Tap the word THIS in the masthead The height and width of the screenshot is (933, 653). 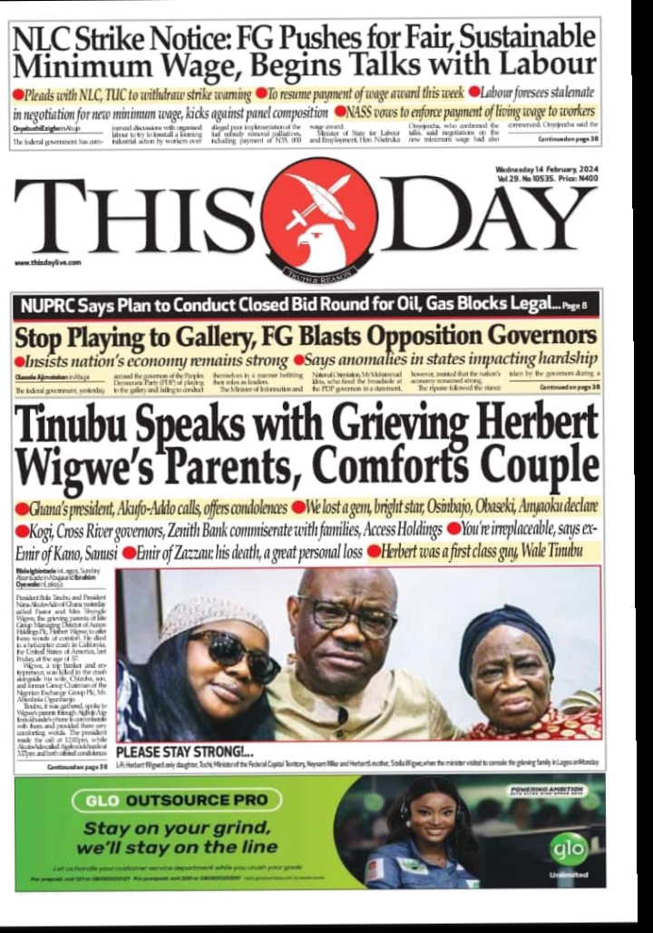click(x=137, y=218)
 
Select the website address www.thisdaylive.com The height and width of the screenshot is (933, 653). click(x=48, y=262)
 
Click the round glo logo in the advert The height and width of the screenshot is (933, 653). click(x=566, y=847)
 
